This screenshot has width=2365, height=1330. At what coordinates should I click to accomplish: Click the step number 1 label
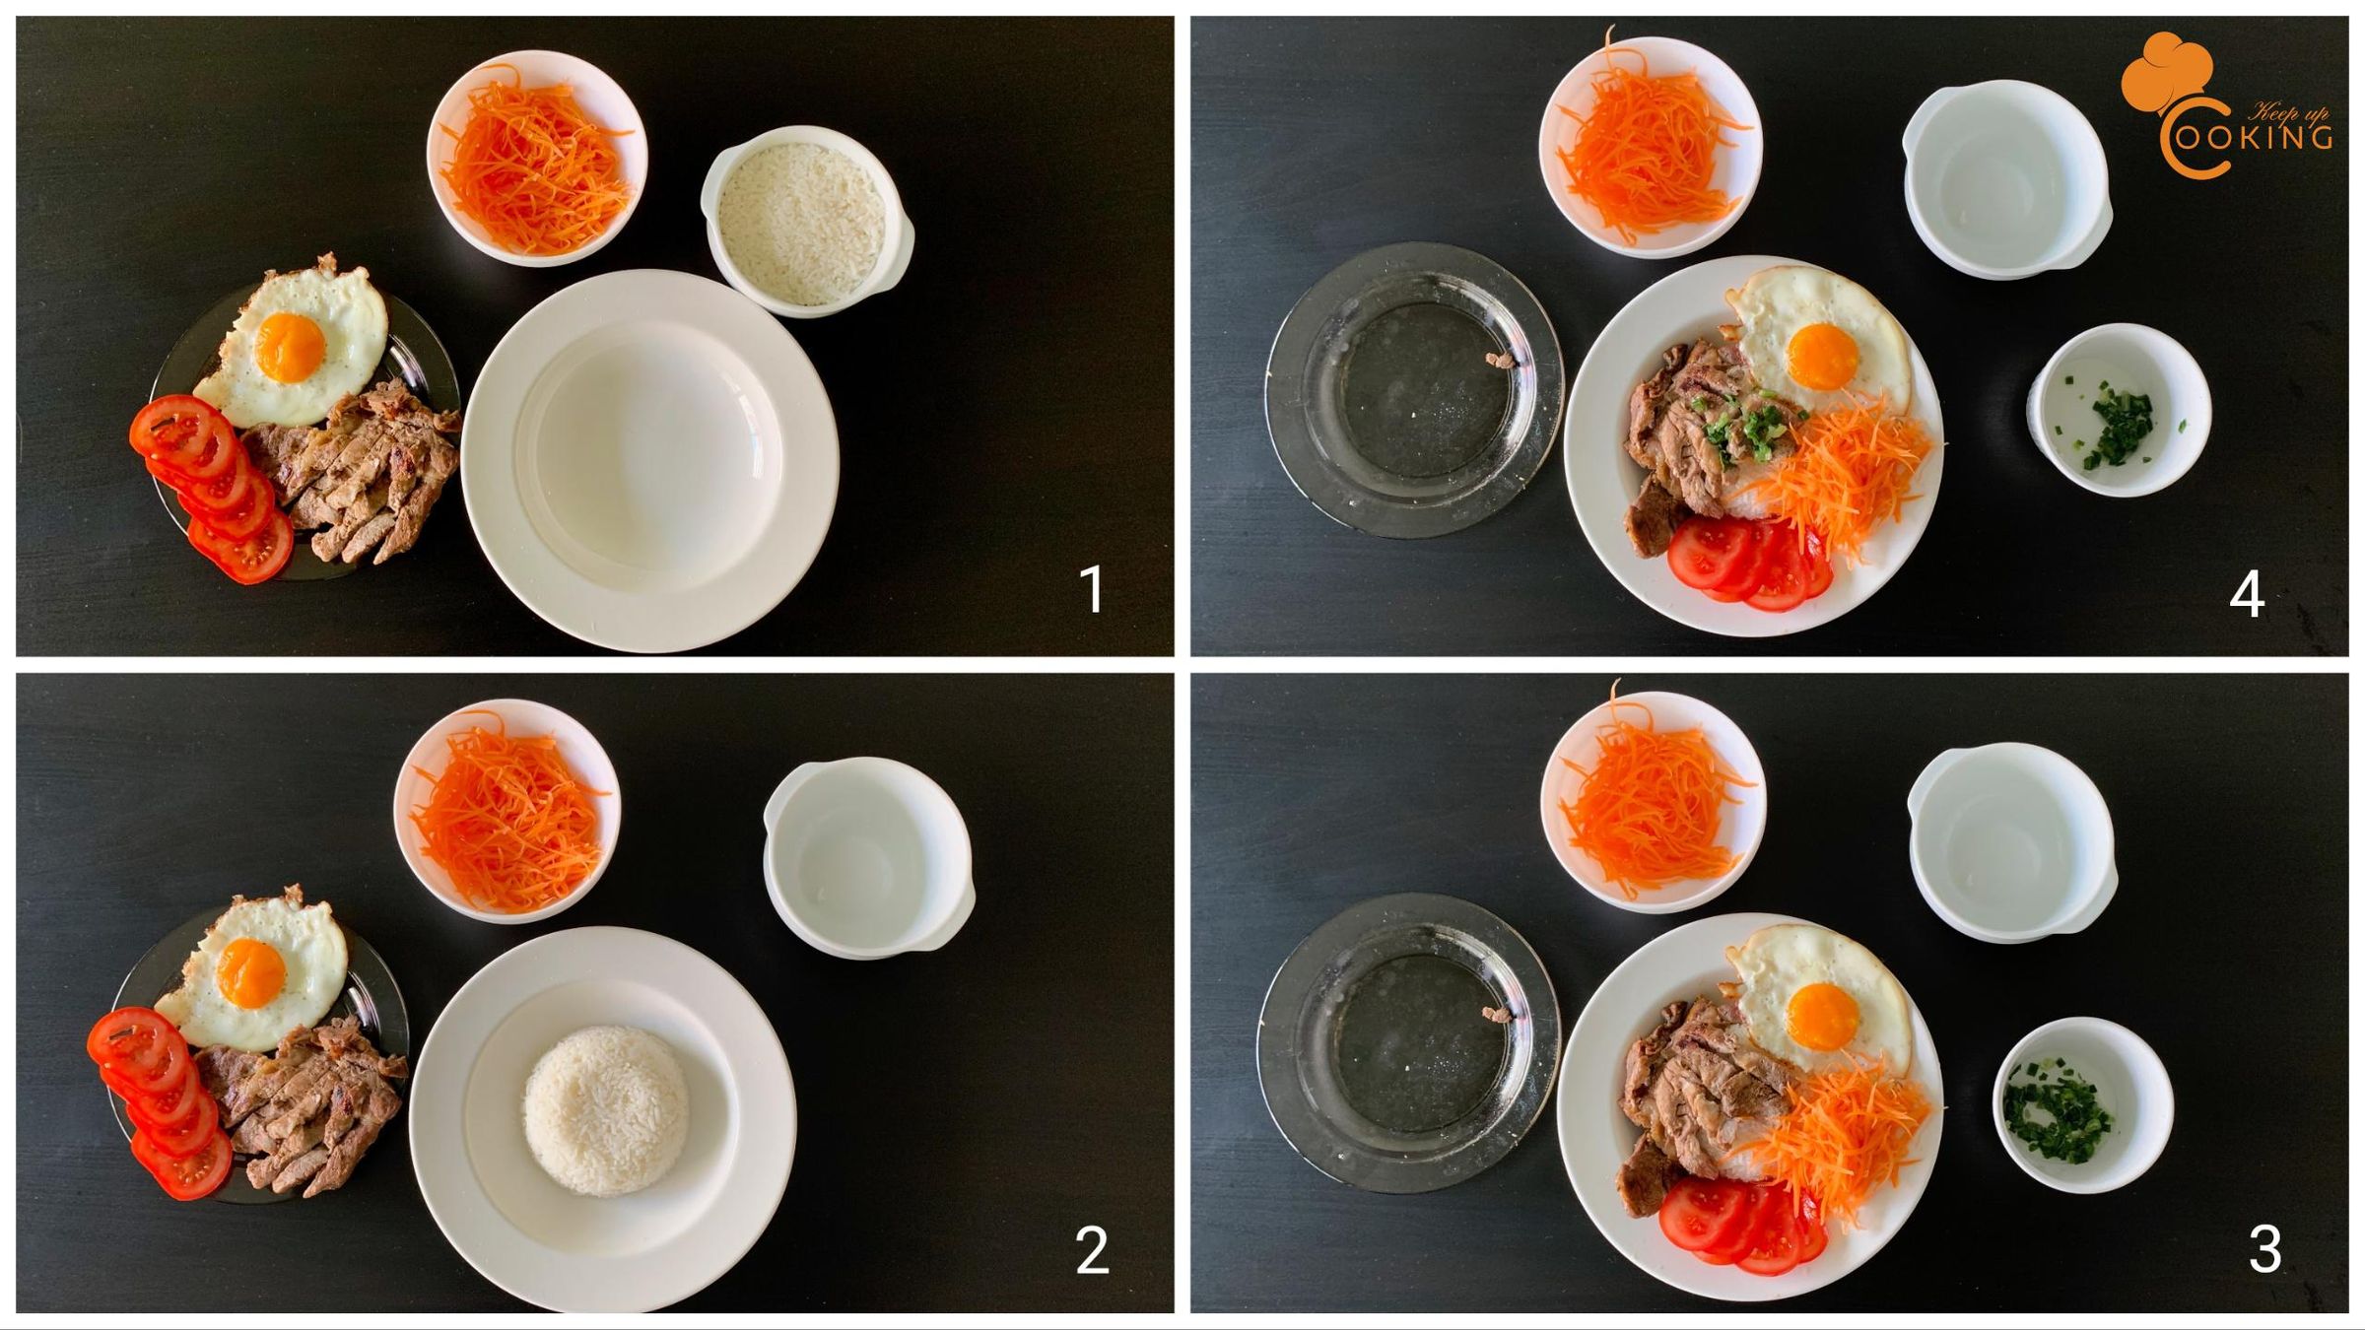point(1092,589)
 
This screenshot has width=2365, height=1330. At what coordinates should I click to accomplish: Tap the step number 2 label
point(1092,1251)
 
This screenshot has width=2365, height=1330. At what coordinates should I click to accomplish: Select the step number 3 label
point(2265,1249)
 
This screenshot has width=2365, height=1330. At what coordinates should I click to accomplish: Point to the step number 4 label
point(2247,594)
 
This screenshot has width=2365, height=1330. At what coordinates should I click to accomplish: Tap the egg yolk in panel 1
point(290,347)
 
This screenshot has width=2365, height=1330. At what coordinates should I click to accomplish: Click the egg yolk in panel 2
point(251,972)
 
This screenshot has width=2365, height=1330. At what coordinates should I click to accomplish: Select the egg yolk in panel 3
point(1822,1016)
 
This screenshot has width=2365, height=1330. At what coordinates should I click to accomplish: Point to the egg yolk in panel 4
point(1822,356)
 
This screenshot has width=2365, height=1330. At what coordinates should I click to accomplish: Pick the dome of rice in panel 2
point(605,1110)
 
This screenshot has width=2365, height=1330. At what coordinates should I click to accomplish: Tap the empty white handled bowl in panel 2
point(868,857)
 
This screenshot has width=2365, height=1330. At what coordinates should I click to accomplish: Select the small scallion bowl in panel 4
point(2118,409)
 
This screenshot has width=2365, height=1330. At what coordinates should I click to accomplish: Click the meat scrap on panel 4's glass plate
point(1501,360)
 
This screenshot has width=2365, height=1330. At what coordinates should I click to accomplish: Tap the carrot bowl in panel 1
point(537,158)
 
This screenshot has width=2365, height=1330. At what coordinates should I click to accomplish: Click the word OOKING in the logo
point(2254,137)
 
